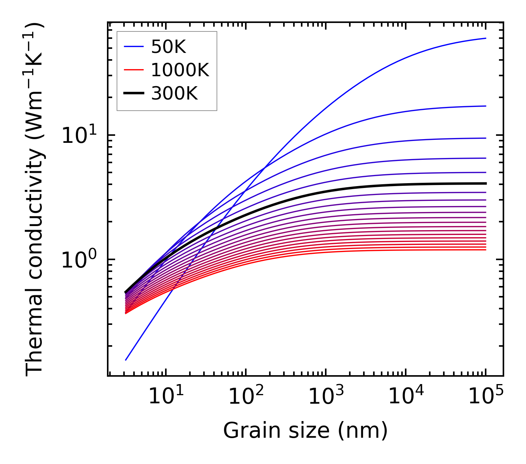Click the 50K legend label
coord(168,47)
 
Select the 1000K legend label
coord(180,70)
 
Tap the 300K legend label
coord(174,94)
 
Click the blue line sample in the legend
coord(133,47)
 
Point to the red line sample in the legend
coord(133,70)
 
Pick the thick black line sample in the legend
coord(133,94)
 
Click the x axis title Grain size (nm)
coord(305,431)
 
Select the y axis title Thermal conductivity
coord(35,200)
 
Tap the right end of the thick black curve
coord(485,183)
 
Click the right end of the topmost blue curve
coord(485,38)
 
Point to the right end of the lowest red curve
coord(485,250)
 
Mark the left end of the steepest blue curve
coord(126,360)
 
